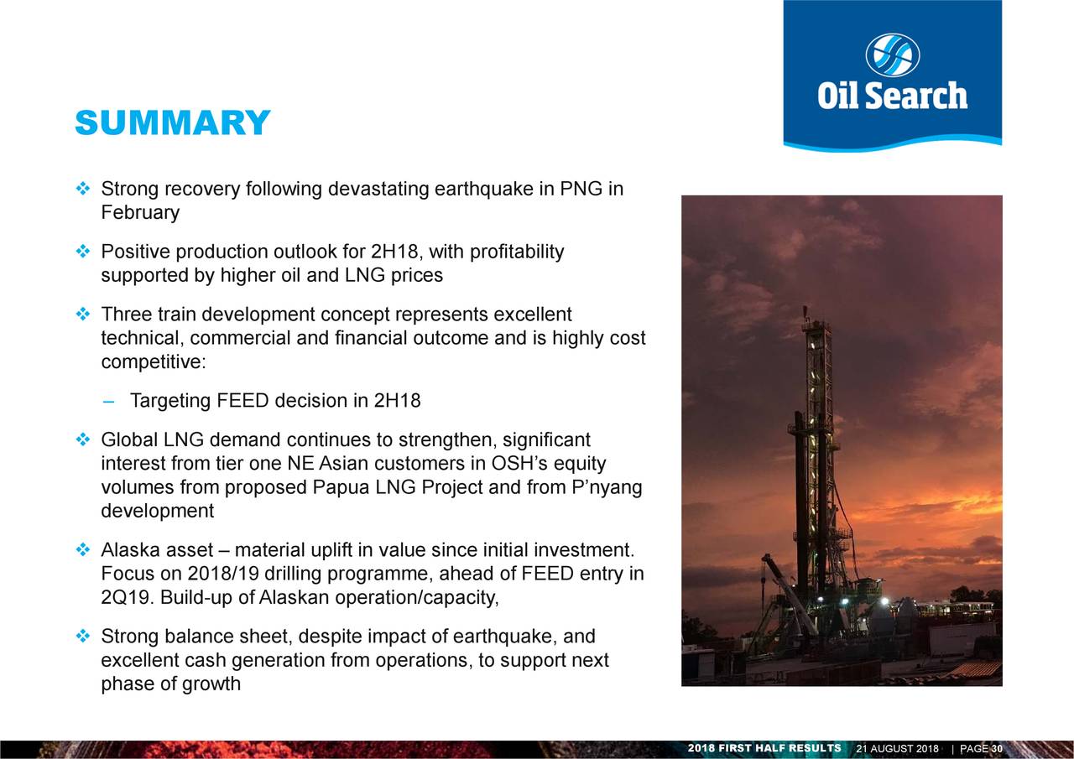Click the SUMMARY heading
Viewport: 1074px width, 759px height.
point(173,122)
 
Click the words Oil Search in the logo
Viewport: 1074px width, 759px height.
point(892,96)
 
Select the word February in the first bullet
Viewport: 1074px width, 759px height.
point(140,213)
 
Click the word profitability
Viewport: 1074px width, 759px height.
point(517,252)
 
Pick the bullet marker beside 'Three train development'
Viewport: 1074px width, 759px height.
point(83,315)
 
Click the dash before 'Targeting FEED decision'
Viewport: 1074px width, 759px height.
point(109,401)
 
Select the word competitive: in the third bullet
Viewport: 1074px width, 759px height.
point(154,362)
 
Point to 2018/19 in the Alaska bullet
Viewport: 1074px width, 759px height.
point(223,574)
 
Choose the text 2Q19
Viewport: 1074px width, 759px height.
point(126,597)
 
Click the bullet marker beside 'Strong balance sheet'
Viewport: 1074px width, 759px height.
point(83,637)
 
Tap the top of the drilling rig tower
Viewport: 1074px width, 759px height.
point(805,308)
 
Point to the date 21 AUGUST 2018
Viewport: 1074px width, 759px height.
point(898,748)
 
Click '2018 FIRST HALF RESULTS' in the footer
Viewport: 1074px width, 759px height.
point(764,748)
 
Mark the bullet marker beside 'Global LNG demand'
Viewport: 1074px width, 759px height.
point(83,439)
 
